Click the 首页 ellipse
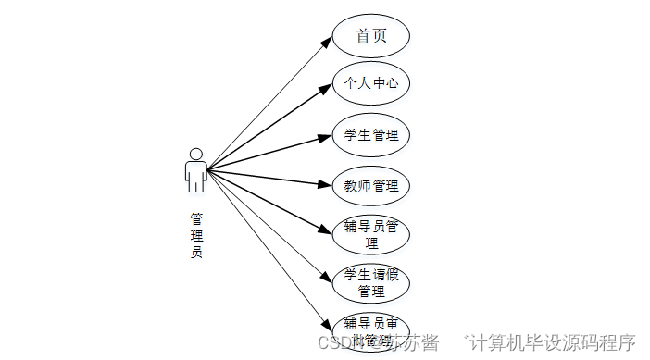coord(370,36)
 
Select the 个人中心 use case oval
coord(370,83)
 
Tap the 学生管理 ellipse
coord(370,135)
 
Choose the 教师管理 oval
coord(370,186)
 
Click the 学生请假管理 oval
coord(370,283)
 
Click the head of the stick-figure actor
coord(195,154)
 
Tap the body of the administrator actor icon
coord(195,176)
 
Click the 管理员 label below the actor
coord(196,235)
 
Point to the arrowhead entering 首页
coord(326,42)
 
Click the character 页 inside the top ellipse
coord(380,36)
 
